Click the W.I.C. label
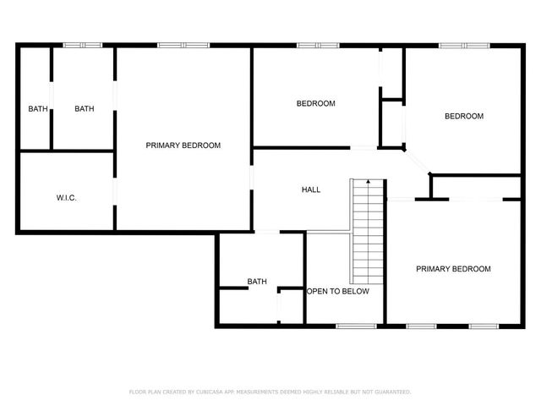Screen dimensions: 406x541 67,197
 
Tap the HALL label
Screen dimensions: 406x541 311,189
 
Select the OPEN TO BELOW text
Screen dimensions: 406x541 338,291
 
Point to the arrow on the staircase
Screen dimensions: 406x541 369,181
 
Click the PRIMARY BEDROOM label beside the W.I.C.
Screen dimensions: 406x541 183,145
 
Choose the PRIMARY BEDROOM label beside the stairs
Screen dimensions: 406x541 453,269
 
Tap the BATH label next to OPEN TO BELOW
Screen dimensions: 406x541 257,282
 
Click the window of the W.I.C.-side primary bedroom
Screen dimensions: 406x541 183,45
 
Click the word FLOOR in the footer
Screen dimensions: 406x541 137,392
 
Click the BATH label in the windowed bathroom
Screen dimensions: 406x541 85,108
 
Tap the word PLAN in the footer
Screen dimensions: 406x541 156,392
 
